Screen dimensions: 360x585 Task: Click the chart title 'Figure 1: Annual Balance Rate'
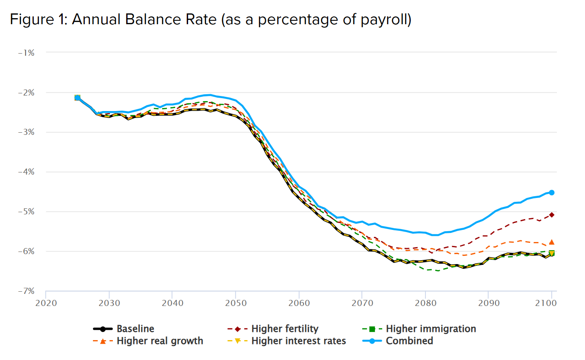point(210,20)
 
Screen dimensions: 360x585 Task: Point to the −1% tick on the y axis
point(26,53)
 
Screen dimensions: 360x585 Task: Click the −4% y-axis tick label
point(26,172)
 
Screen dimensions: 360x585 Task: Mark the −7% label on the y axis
point(26,291)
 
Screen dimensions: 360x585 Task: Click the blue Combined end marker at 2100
point(552,193)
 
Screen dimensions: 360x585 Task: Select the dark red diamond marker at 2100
point(552,215)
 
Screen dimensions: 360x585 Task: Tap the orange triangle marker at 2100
point(552,242)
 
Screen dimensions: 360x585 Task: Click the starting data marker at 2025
point(77,98)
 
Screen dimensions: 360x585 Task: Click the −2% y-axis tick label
point(26,92)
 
